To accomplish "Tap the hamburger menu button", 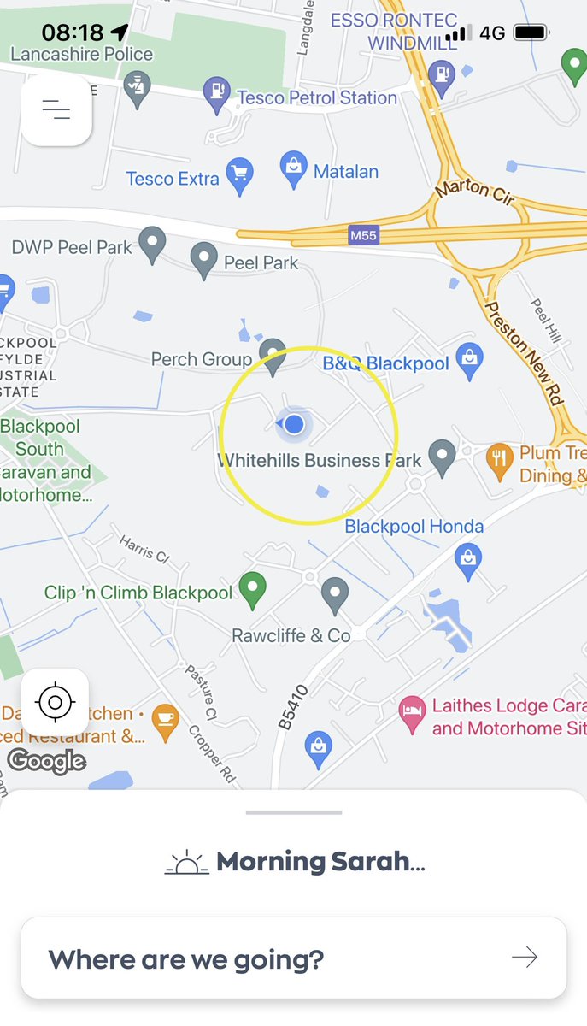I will [x=56, y=109].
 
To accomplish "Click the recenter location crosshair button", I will [x=56, y=703].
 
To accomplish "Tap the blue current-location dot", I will [x=295, y=423].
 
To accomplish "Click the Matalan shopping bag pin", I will [x=294, y=168].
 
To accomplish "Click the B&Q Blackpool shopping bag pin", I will [x=469, y=360].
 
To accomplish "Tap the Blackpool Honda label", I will [x=414, y=527].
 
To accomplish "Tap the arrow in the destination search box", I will [x=525, y=958].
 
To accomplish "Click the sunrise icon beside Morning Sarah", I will [x=186, y=863].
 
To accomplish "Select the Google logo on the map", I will [x=47, y=760].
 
